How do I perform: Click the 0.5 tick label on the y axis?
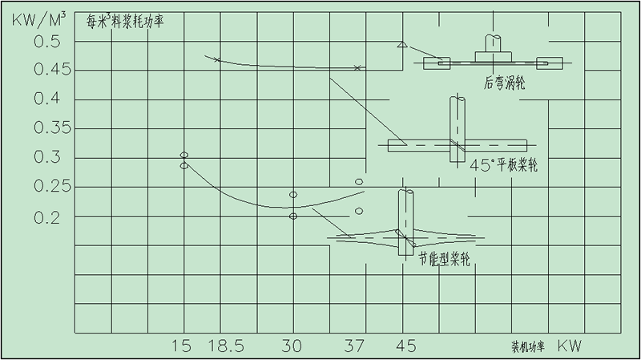[x=46, y=42]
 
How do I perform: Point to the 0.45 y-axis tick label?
[x=52, y=70]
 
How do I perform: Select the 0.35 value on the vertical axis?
[x=52, y=128]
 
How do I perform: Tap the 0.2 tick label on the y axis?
[x=46, y=217]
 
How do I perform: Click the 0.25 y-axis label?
[x=52, y=186]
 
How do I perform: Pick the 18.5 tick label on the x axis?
[x=226, y=346]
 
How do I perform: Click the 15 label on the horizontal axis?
[x=181, y=346]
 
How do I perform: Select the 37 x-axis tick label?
[x=353, y=346]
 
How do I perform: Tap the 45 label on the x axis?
[x=406, y=346]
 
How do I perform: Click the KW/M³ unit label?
[x=38, y=19]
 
